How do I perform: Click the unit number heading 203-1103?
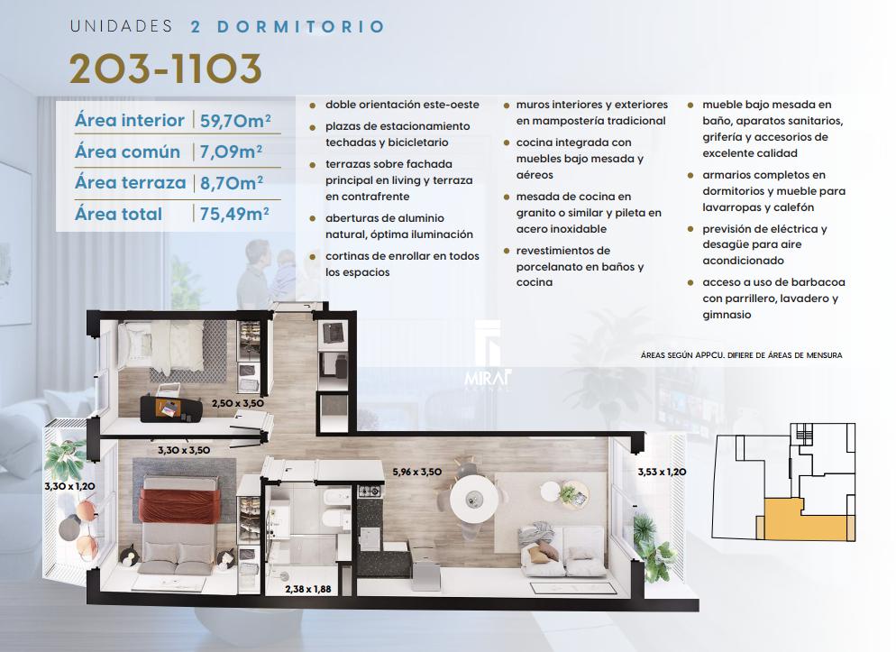click(x=166, y=69)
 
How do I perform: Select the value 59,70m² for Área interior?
click(x=235, y=120)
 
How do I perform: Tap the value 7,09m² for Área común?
click(x=231, y=152)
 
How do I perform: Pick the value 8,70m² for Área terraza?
click(x=232, y=183)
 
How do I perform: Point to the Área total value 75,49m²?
click(x=234, y=214)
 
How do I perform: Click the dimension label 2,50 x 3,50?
click(x=238, y=403)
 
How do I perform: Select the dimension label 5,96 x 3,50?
click(x=416, y=472)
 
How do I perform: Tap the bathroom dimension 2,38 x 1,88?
click(x=308, y=589)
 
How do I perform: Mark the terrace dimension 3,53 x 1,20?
click(x=662, y=472)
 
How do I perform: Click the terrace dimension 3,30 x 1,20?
click(x=69, y=486)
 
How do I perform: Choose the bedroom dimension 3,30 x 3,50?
click(x=184, y=450)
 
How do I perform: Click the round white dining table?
click(x=472, y=499)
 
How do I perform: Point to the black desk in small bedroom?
click(x=171, y=408)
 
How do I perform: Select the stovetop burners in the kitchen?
click(x=370, y=491)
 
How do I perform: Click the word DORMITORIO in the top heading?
click(x=300, y=27)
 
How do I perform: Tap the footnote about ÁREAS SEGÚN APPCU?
click(x=741, y=355)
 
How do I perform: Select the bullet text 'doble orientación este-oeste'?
click(x=402, y=105)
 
